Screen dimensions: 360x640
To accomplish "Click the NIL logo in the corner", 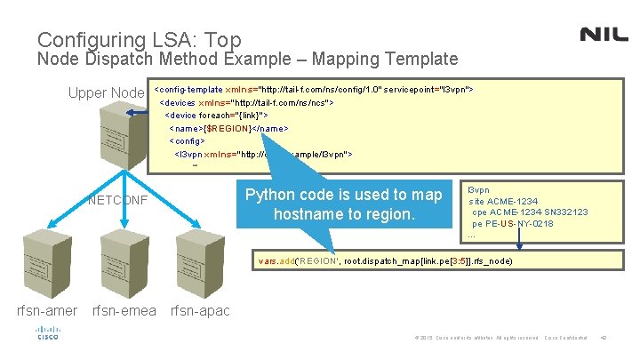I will (x=604, y=34).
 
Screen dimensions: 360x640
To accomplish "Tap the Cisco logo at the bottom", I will (x=47, y=333).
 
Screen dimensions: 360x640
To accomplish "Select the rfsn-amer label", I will (x=46, y=310).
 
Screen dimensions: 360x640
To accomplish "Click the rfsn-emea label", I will (x=124, y=310).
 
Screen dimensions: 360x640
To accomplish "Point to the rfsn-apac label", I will (x=199, y=310).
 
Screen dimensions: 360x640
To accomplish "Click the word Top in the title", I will (x=222, y=39).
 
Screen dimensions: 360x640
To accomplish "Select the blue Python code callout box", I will (x=343, y=204).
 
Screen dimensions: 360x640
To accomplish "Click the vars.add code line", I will (x=385, y=262).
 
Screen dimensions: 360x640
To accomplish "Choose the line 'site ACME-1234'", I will (x=503, y=201).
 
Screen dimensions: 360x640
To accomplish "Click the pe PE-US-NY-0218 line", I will (x=512, y=224).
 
